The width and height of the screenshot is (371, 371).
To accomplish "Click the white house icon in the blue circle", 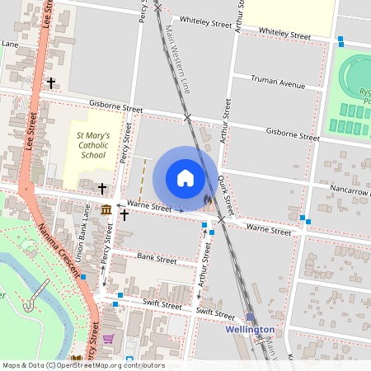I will [185, 178].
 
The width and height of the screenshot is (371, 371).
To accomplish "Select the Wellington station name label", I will [250, 330].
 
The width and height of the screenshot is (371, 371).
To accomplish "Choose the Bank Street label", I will [157, 259].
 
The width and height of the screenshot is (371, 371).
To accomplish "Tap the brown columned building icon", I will [106, 210].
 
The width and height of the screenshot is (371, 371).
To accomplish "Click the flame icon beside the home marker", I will [208, 199].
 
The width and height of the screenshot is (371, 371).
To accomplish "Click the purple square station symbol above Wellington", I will [250, 317].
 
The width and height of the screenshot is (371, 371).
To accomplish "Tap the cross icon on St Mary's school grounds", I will [102, 188].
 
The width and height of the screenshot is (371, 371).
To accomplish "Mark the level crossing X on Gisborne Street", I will [188, 118].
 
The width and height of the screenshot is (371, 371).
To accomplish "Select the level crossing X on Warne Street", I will [221, 220].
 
